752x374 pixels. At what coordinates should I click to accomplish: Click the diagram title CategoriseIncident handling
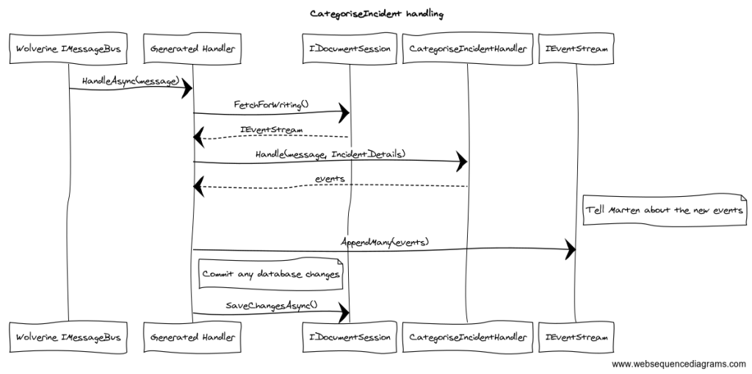pos(377,14)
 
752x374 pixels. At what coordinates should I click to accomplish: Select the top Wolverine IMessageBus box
pos(68,49)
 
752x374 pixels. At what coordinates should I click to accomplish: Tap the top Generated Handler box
pos(192,49)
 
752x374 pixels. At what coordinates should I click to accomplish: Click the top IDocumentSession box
pos(349,49)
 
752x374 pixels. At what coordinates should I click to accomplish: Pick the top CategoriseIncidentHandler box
pos(467,49)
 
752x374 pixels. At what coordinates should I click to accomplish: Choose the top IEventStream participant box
pos(576,49)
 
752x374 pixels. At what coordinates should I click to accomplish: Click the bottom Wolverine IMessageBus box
pos(68,337)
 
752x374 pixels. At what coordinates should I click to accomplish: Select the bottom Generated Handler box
pos(192,337)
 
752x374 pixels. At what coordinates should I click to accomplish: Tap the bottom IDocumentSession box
pos(349,337)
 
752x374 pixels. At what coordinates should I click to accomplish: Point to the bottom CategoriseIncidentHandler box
pos(467,337)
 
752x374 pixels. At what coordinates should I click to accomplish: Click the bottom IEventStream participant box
pos(576,337)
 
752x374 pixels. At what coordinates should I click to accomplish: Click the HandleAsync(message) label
pos(131,79)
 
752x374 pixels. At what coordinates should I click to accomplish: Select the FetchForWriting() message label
pos(271,104)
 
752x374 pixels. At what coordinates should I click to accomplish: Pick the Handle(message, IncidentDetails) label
pos(330,154)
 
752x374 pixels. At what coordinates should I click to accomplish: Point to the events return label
pos(330,179)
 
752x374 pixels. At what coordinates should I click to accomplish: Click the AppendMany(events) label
pos(384,242)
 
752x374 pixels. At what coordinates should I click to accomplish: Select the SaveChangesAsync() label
pos(271,304)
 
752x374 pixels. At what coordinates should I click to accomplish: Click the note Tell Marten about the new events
pos(664,210)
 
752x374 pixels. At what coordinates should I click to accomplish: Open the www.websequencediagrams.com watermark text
pos(679,363)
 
